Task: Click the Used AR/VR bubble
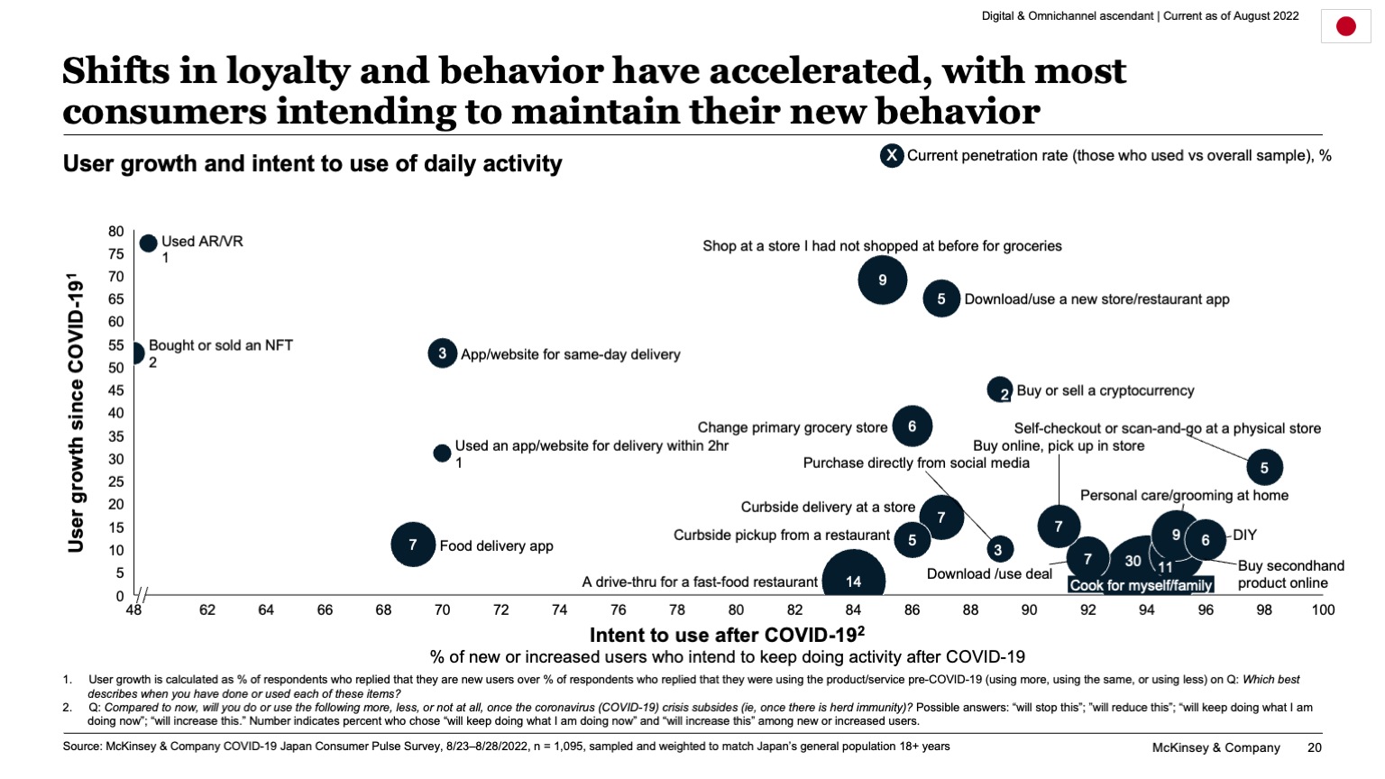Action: point(149,243)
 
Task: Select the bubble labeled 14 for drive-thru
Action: point(853,582)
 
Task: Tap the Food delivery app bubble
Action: point(413,545)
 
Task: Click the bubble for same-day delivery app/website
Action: point(442,353)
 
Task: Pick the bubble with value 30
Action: point(1133,561)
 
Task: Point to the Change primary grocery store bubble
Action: point(912,426)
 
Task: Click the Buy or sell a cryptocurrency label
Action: point(1105,390)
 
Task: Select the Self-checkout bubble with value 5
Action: point(1264,467)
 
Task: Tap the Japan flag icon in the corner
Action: point(1345,26)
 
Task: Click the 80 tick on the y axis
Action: point(116,232)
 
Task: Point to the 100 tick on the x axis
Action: point(1323,610)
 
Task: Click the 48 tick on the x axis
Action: point(133,610)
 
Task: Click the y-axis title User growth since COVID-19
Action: point(76,412)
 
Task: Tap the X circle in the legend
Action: point(892,156)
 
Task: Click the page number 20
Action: point(1315,747)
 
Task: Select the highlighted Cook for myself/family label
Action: point(1141,585)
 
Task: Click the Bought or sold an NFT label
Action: point(221,345)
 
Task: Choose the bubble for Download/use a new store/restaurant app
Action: point(940,298)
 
